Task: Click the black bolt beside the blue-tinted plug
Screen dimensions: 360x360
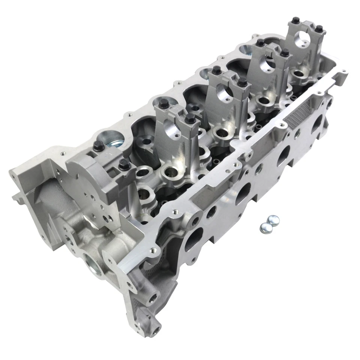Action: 98,146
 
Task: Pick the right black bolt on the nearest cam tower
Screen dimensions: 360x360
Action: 190,119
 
